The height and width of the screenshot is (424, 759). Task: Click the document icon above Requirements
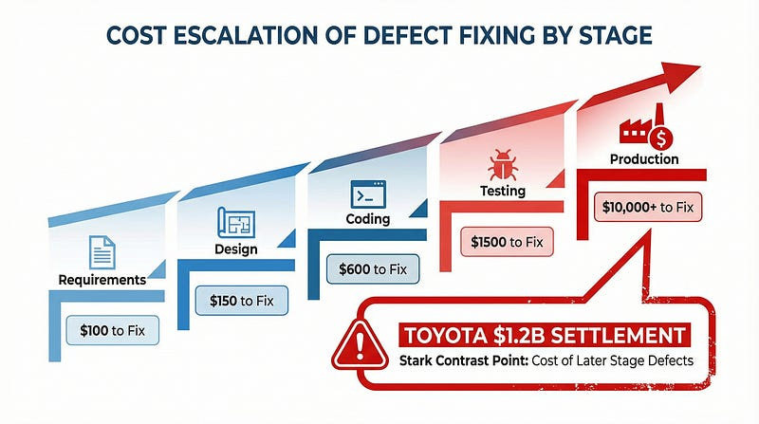[x=102, y=251]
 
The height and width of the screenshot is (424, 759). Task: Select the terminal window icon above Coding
[x=365, y=194]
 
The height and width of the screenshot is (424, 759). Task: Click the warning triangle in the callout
[x=354, y=344]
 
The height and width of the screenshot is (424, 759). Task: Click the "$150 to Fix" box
[x=241, y=301]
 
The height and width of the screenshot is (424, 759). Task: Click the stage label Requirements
[x=102, y=280]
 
